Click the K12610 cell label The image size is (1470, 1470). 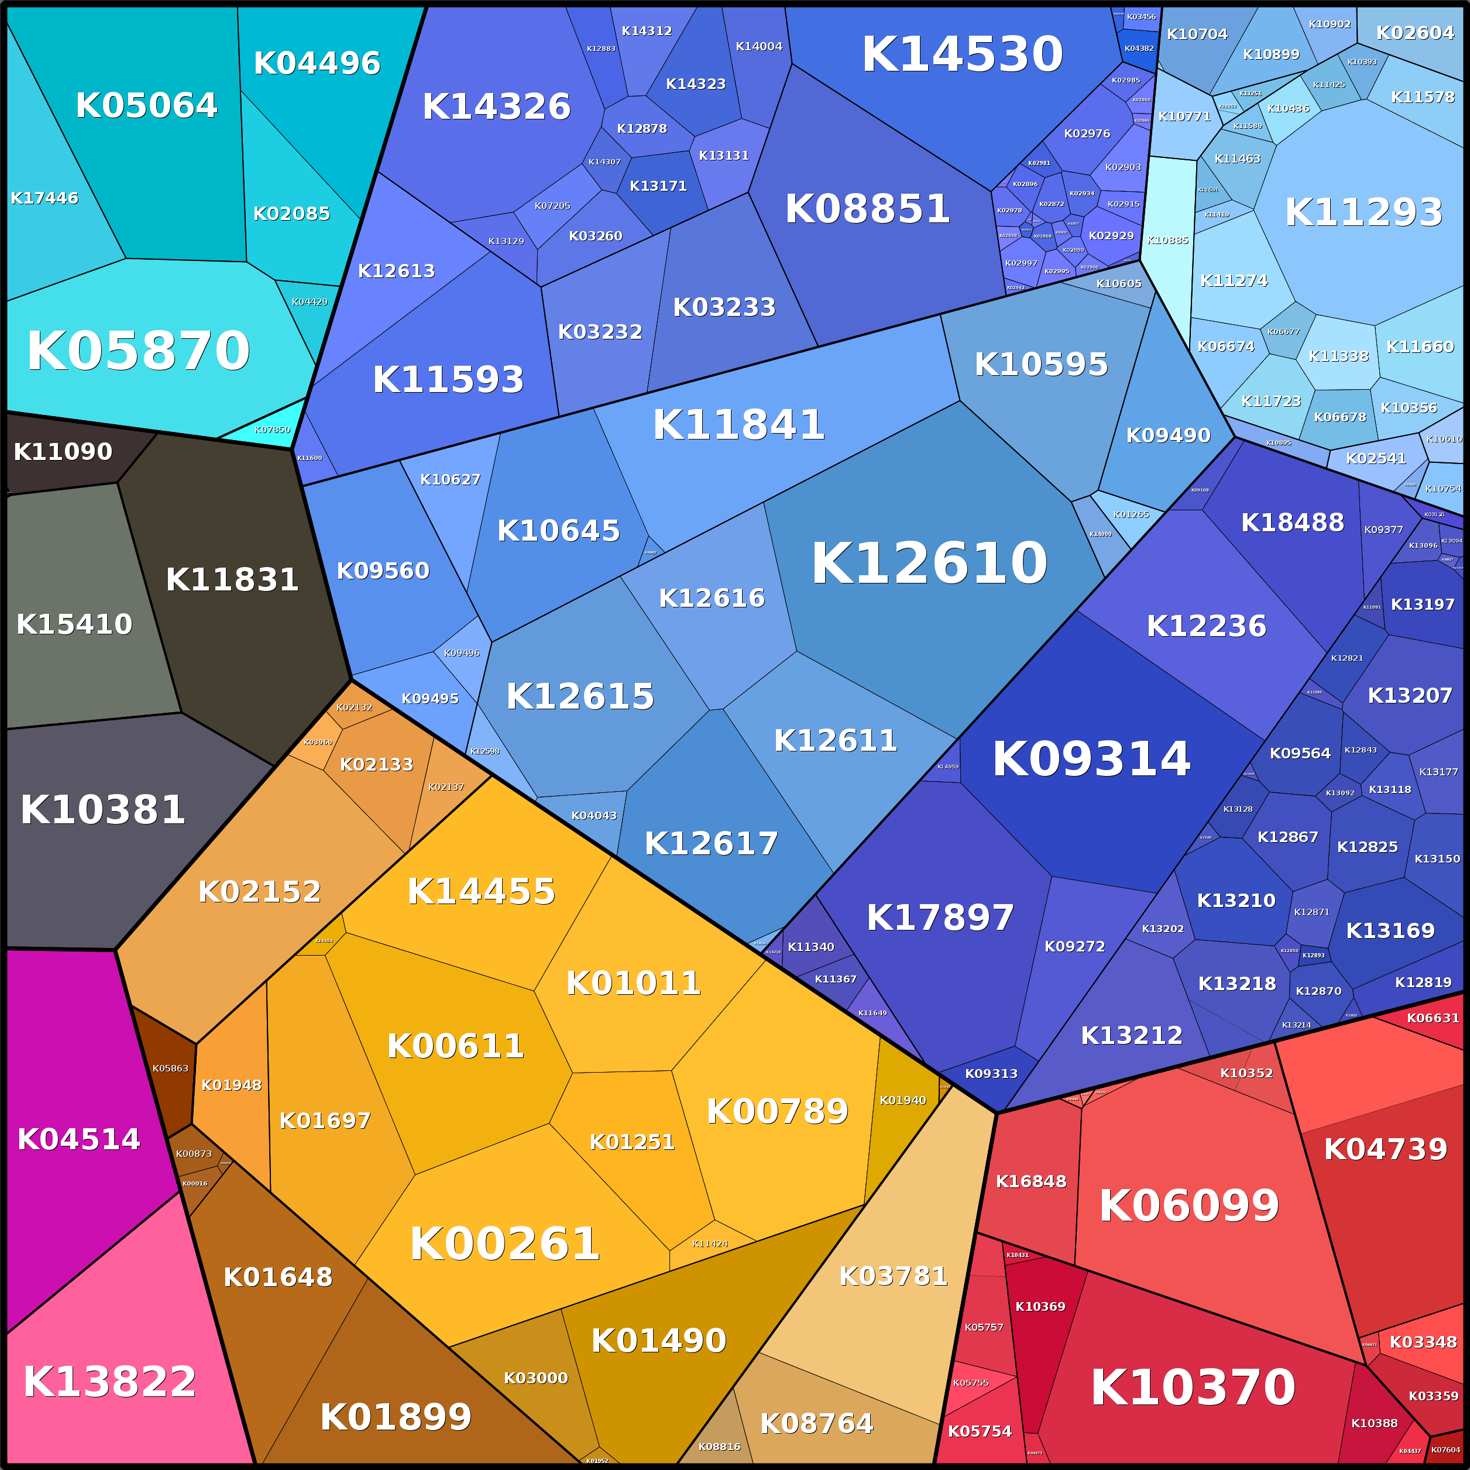coord(929,564)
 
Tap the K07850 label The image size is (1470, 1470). coord(272,430)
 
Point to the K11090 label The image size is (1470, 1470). coord(63,452)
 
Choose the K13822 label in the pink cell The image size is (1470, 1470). coord(109,1382)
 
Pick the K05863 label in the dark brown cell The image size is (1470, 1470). coord(170,1068)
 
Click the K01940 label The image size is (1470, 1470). coord(902,1100)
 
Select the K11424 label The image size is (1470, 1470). coord(710,1244)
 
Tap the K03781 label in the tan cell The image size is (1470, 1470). coord(893,1276)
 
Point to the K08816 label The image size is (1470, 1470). coord(719,1447)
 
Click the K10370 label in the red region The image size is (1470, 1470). coord(1192,1388)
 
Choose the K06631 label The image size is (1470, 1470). coord(1433,1018)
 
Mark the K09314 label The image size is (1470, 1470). coord(1090,760)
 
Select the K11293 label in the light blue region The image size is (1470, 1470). coord(1363,212)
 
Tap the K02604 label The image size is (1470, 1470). coord(1415,33)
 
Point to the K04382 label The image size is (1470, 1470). coord(1139,49)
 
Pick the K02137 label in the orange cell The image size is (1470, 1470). coord(446,786)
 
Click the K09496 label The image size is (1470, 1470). coord(461,653)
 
